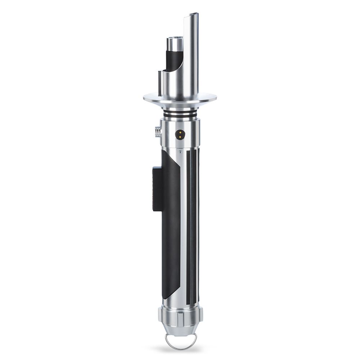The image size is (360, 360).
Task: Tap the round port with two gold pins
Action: [179, 134]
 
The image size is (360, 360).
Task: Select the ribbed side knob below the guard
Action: [158, 132]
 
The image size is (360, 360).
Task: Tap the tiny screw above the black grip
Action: [180, 152]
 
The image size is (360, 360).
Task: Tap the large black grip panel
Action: [171, 223]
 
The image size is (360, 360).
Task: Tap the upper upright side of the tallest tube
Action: [192, 43]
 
